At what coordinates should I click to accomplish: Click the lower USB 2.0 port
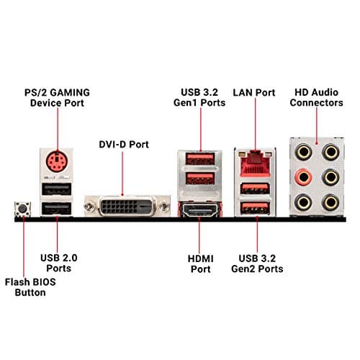coord(55,210)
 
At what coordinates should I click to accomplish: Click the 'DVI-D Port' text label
coord(123,144)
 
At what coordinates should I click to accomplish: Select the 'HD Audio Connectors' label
coord(318,97)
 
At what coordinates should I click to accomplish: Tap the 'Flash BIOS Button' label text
coord(25,287)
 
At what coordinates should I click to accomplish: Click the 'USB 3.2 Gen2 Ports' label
coord(257,264)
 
